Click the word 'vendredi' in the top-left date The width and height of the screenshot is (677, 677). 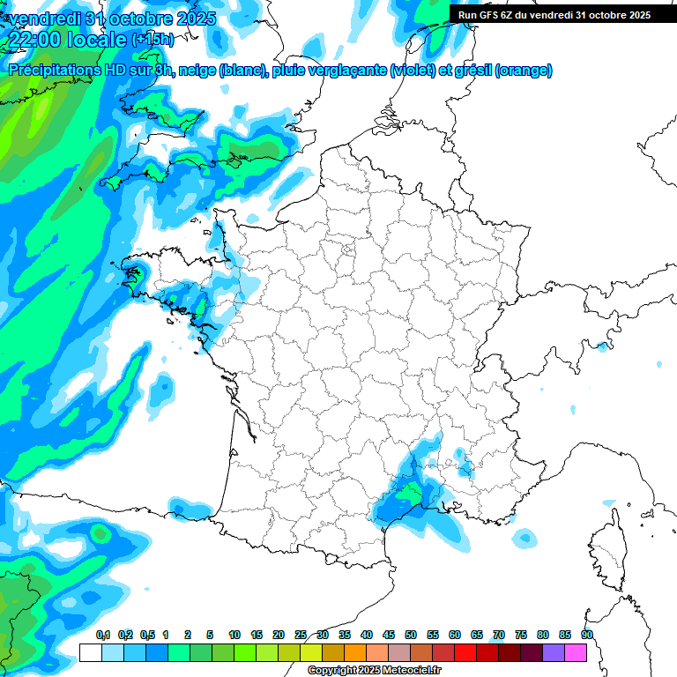point(43,19)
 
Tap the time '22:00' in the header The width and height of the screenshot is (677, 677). point(33,40)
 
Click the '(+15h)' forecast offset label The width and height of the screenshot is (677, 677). point(153,40)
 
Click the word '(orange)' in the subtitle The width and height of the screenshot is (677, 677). point(524,71)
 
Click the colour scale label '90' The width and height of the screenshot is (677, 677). point(586,635)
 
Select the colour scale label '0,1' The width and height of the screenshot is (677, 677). point(102,635)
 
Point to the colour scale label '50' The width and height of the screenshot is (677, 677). point(411,635)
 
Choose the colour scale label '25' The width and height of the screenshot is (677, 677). point(301,635)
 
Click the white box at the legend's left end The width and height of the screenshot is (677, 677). point(90,652)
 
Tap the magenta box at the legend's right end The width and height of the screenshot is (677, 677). point(576,652)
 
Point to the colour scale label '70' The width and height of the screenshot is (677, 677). point(499,635)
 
